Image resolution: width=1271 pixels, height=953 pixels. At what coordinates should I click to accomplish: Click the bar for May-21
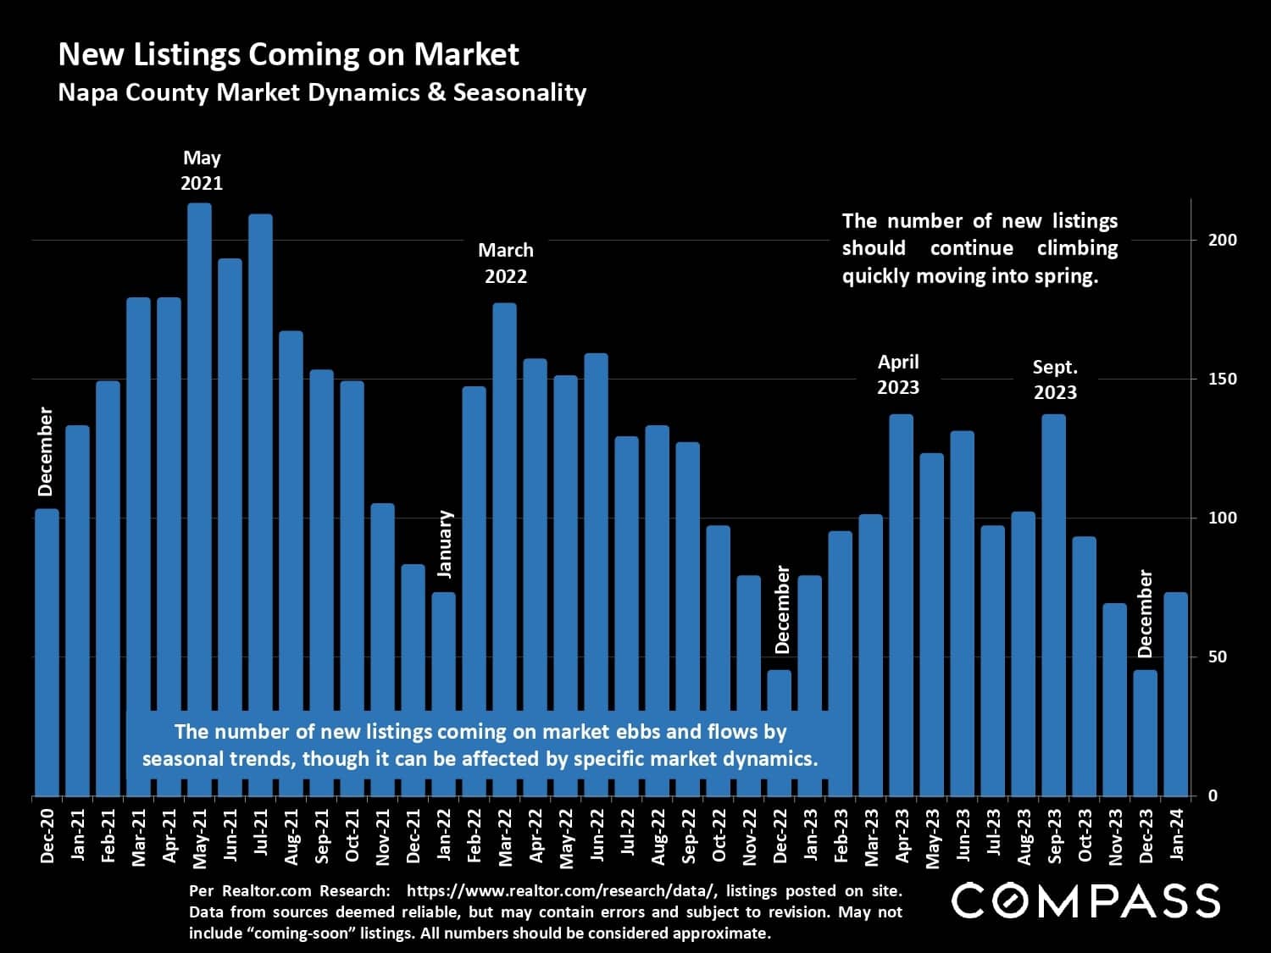click(199, 500)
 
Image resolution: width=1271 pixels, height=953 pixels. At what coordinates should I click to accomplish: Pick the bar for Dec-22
click(780, 733)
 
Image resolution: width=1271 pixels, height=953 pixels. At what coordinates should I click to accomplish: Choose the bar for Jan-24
click(1176, 694)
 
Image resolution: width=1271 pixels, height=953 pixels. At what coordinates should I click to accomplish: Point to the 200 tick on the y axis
click(1222, 240)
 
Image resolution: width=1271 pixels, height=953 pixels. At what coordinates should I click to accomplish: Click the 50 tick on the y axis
click(1218, 657)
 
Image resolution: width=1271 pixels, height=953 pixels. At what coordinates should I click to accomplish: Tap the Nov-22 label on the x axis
click(750, 837)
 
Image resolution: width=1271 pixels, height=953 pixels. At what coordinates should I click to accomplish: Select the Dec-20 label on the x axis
click(47, 836)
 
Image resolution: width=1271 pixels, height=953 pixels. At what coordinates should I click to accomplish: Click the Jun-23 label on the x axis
click(963, 836)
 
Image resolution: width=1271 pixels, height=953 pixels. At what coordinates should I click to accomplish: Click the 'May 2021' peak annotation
click(202, 170)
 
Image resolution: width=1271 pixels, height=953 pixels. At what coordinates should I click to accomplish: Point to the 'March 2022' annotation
click(506, 263)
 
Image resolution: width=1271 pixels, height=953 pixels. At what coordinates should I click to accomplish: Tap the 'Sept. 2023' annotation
click(1055, 380)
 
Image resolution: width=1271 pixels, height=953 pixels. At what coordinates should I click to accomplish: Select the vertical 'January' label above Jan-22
click(446, 544)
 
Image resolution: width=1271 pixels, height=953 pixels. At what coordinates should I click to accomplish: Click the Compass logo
click(1085, 900)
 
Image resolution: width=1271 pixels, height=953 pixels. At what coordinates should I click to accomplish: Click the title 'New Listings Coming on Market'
click(288, 54)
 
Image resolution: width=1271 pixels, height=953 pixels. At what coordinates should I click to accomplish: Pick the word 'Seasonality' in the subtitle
click(519, 92)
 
